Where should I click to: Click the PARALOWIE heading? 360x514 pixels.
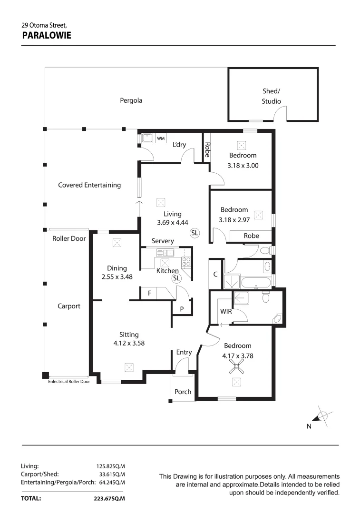coord(47,35)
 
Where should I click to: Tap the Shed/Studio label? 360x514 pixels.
coord(272,96)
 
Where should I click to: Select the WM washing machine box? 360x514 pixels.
coord(161,138)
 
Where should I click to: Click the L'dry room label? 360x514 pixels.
coord(179,145)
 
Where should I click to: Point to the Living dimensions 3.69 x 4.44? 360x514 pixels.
coord(173,222)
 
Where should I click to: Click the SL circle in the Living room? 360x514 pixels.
coord(195,233)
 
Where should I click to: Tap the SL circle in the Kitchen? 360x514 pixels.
coord(176,278)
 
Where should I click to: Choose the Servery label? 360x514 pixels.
coord(163,241)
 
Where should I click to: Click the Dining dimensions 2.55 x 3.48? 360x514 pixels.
coord(117,277)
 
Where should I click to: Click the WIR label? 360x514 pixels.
coord(225,312)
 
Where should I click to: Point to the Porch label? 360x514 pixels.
coord(183,392)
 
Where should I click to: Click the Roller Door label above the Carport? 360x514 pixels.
coord(69,238)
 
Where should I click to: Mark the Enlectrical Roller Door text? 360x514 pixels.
coord(69,381)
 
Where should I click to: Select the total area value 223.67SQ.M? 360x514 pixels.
coord(109,499)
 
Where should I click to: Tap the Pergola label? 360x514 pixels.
coord(131,100)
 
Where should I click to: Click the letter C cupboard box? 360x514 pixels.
coord(215,274)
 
